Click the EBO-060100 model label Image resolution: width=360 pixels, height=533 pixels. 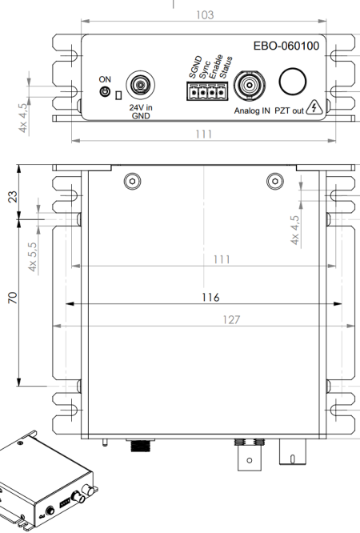coord(286,46)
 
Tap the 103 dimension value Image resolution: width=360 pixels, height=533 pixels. coord(205,15)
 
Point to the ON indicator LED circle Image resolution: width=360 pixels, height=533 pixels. coord(105,91)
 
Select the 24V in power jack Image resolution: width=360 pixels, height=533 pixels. coord(140,85)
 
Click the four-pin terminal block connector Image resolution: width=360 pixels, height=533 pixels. coord(207,91)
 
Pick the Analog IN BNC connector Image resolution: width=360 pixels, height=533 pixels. coord(250,85)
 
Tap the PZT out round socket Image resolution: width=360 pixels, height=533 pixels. coord(292,82)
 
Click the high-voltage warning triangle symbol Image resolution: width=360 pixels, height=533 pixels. coord(314,107)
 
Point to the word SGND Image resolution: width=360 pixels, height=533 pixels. coord(195,67)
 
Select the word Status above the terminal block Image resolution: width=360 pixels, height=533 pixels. coord(226,68)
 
